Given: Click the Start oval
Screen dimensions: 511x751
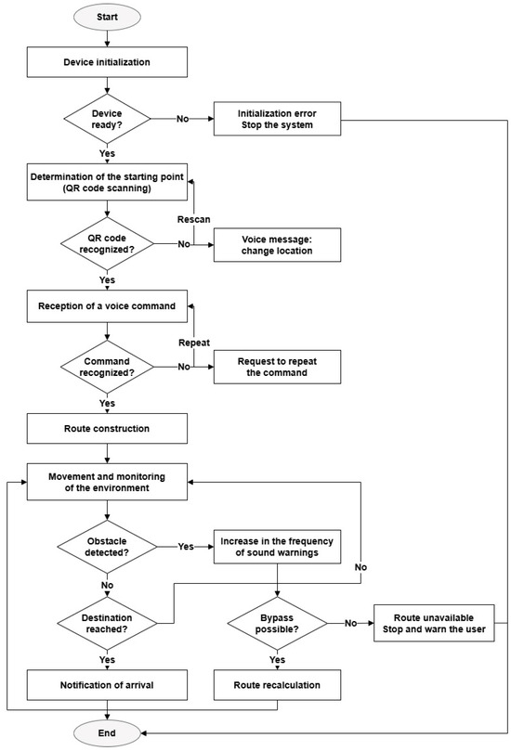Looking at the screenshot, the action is [107, 18].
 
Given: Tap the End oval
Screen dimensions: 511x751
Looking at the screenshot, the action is [107, 732].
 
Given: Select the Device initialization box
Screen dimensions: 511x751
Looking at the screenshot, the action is [107, 62].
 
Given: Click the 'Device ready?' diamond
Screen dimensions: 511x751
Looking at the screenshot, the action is [107, 119].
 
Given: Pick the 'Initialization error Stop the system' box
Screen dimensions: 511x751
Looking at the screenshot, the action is [277, 119].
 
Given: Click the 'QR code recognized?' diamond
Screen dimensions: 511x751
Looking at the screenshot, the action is [107, 244].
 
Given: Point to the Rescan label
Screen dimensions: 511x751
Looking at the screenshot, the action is [193, 219].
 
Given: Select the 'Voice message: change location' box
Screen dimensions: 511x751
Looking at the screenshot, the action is [277, 245].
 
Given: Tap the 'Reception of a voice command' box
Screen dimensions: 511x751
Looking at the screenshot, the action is [107, 306].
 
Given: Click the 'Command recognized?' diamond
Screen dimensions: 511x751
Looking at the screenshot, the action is [107, 367].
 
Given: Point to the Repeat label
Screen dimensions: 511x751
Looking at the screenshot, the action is [194, 343].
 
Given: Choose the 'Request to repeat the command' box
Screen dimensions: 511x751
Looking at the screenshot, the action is [277, 367].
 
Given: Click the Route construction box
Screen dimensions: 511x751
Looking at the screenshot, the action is [107, 429].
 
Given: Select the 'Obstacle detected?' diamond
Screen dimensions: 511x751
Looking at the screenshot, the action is [107, 547].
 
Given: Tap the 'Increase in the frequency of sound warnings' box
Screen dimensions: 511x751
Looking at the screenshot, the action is [277, 547].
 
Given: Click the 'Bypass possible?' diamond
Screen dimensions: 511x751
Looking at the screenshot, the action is [277, 623].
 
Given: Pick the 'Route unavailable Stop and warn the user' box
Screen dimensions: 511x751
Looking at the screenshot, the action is [434, 623].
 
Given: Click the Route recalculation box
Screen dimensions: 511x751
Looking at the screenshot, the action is [277, 685].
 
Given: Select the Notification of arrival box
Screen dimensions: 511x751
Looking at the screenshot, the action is [107, 685].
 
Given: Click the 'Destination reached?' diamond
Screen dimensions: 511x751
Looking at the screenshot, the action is [107, 623].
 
